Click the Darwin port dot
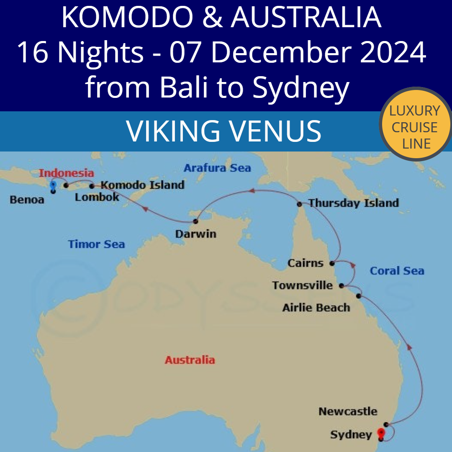[x=195, y=221]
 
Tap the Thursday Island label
[x=354, y=203]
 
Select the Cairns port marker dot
[x=332, y=263]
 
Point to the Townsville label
[x=303, y=285]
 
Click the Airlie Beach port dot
[x=359, y=296]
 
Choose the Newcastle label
[x=348, y=411]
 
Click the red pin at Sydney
[x=380, y=433]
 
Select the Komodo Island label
[x=143, y=185]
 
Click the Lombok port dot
[x=66, y=185]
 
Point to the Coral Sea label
[x=397, y=271]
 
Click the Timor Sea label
[x=96, y=244]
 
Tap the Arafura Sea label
[x=217, y=168]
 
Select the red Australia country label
[x=190, y=360]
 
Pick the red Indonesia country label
[x=67, y=173]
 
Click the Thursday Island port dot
[x=299, y=204]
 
